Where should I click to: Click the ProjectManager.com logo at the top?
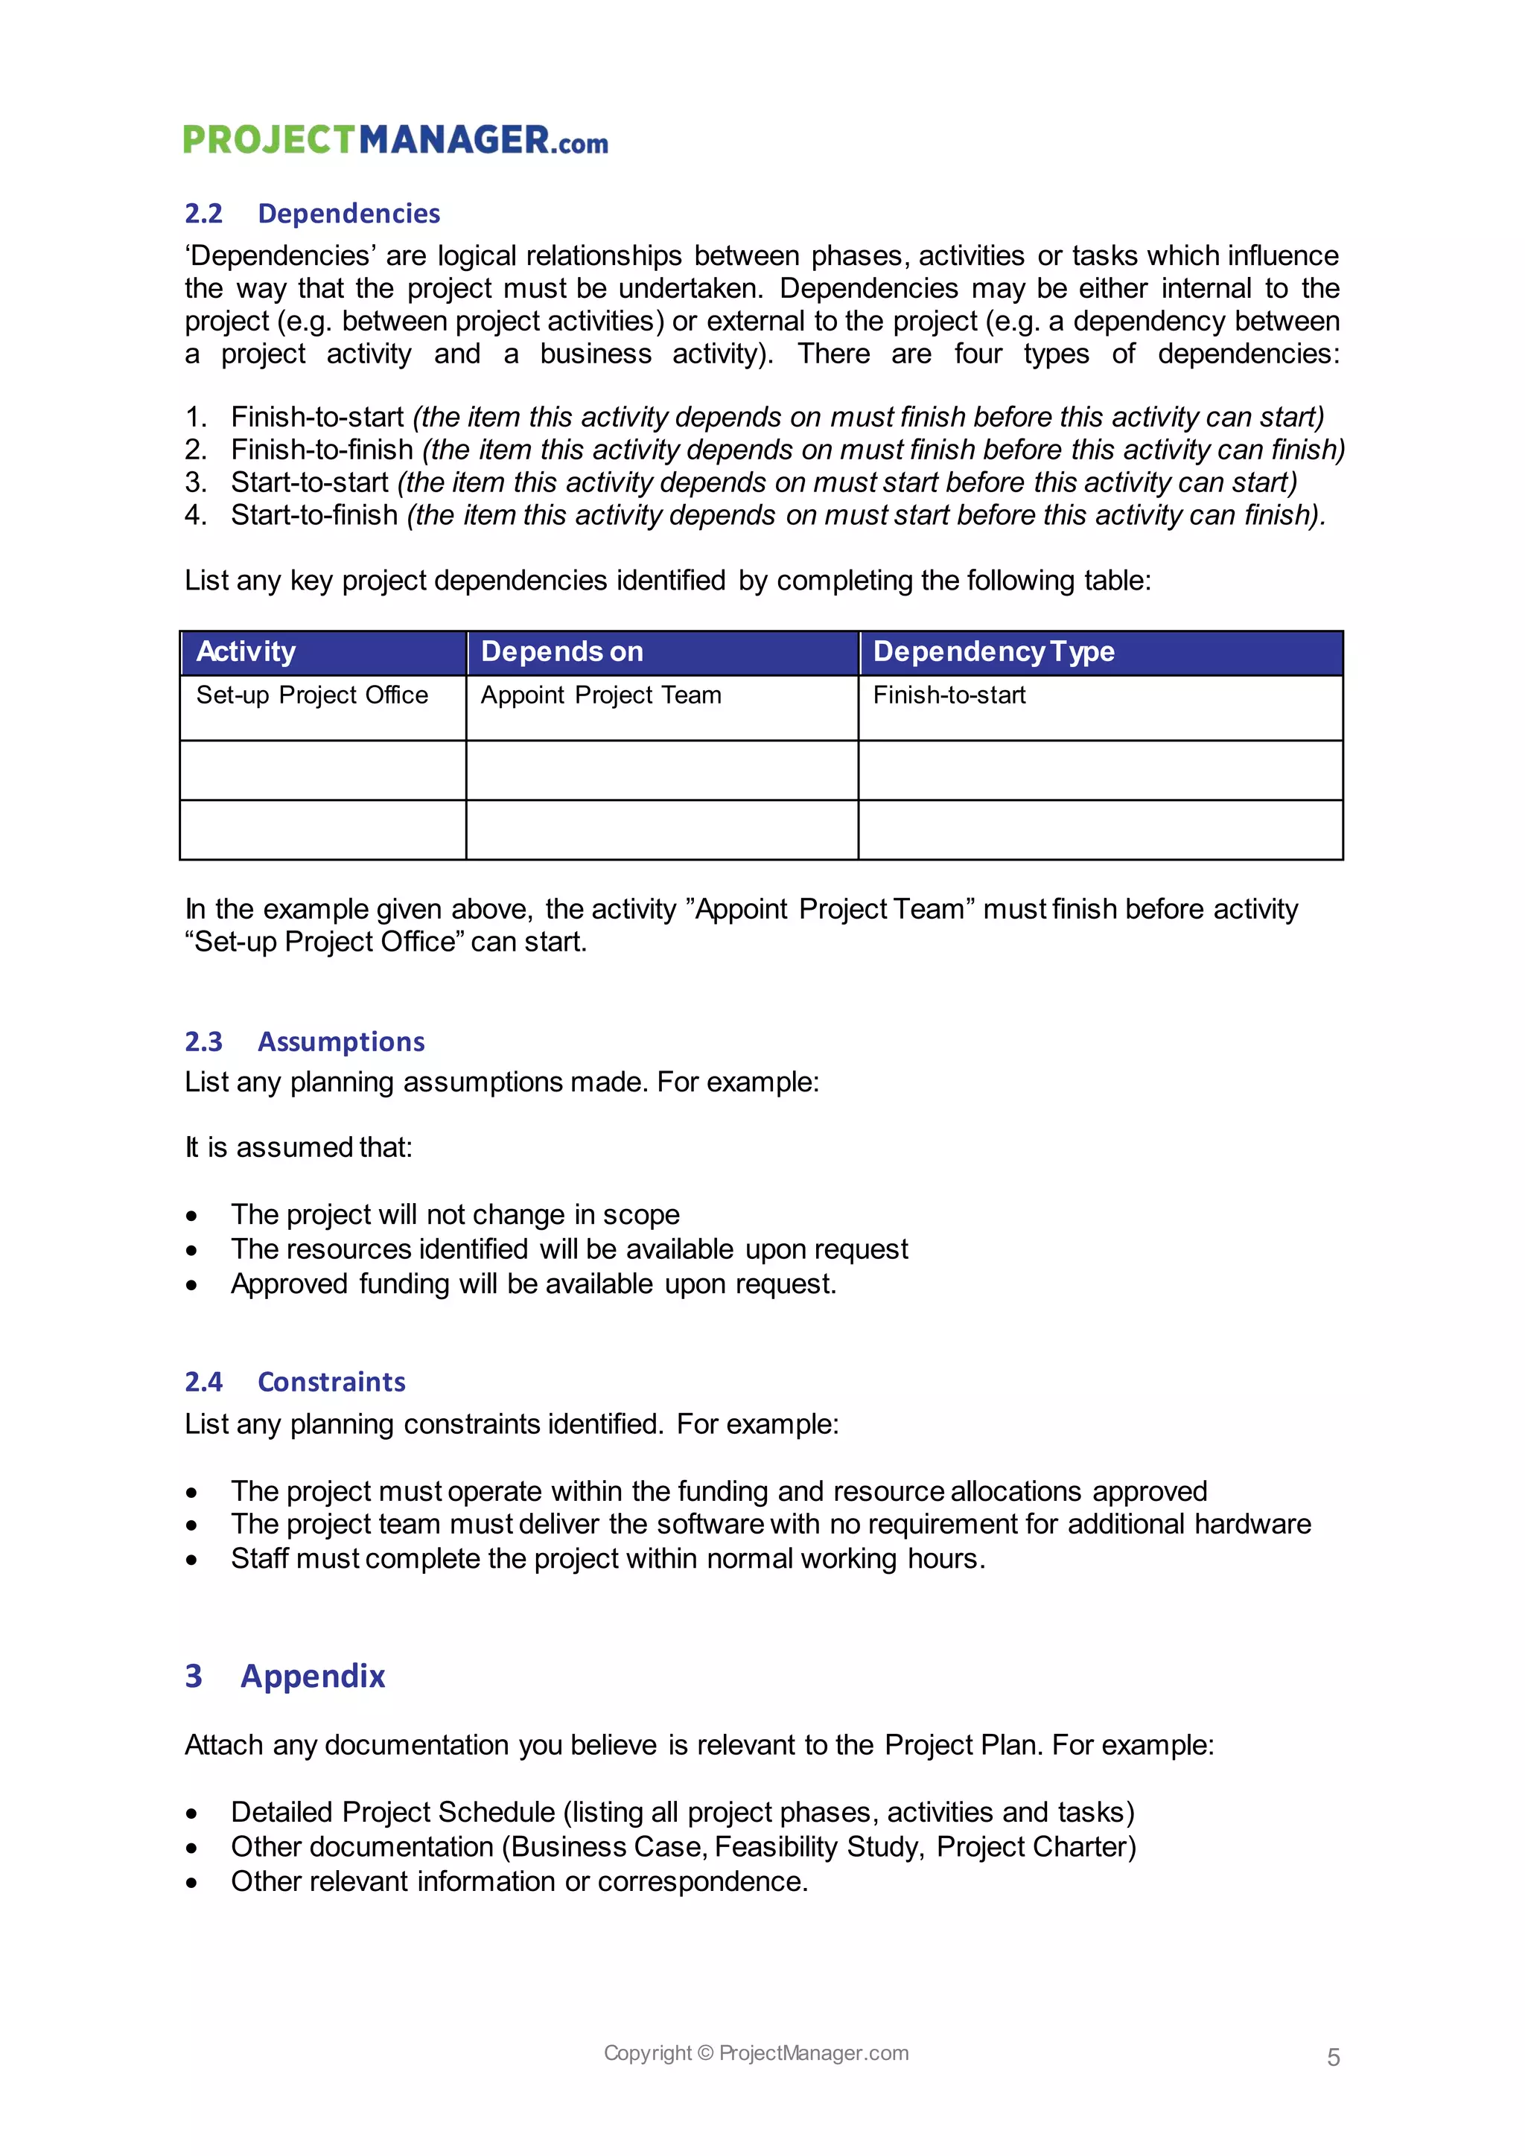[395, 140]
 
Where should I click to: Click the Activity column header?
[246, 651]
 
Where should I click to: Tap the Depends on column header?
[561, 651]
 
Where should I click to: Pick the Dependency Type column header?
[993, 651]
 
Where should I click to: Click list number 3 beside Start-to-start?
[195, 482]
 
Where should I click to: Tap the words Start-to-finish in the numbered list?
[314, 515]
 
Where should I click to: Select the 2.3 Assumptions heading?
[305, 1042]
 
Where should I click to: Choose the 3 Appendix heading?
[285, 1676]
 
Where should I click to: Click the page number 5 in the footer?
[1332, 2058]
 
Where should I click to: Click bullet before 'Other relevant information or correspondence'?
[191, 1884]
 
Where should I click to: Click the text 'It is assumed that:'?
[299, 1147]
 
